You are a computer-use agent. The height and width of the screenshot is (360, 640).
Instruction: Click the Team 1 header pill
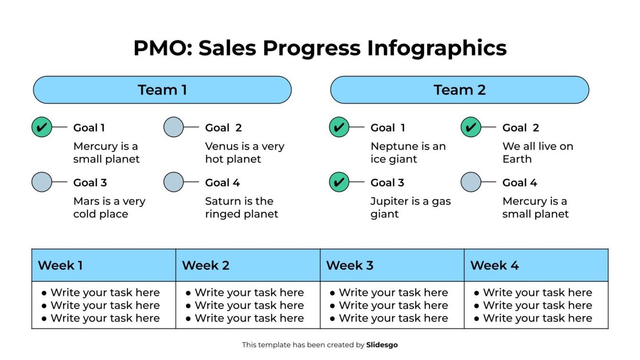tap(162, 90)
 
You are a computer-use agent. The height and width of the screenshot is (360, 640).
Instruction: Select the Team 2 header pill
tap(459, 90)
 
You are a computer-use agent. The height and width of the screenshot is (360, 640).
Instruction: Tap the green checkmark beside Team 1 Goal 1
tap(42, 128)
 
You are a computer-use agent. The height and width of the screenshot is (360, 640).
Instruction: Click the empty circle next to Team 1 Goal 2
tap(174, 128)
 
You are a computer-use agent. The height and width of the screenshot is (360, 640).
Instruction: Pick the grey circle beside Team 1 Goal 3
tap(42, 182)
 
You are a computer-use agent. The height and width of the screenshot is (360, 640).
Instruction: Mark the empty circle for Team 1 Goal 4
tap(174, 182)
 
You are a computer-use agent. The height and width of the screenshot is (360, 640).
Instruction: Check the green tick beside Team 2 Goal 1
tap(339, 128)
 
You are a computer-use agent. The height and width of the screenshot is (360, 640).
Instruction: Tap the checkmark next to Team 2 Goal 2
tap(471, 128)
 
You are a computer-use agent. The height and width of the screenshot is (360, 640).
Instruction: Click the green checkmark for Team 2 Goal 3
tap(339, 182)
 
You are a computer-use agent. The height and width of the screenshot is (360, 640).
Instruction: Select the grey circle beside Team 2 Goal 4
tap(471, 182)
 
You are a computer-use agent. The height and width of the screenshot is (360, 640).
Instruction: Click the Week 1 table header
tap(103, 265)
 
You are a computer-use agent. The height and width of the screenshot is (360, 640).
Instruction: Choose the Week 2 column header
tap(248, 265)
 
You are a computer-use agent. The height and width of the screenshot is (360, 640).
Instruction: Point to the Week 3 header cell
tap(392, 265)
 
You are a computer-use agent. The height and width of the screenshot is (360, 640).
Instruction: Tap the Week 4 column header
tap(536, 265)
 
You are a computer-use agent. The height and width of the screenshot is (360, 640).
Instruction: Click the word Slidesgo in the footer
tap(382, 345)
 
